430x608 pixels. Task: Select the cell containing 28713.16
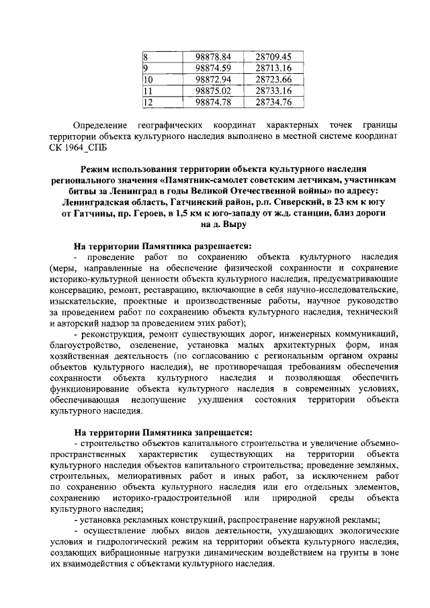click(273, 68)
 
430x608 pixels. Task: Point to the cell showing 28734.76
click(273, 102)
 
